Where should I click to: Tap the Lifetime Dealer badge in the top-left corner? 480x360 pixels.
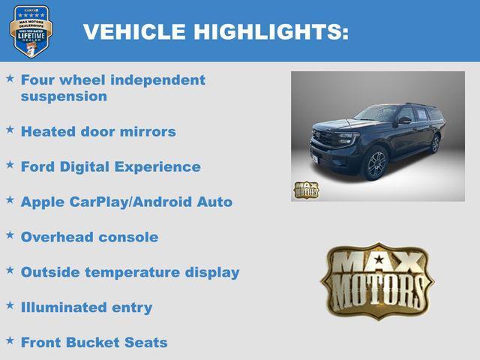(x=30, y=31)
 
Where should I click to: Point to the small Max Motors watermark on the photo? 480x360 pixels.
(x=306, y=190)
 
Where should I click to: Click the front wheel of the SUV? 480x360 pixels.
(x=376, y=164)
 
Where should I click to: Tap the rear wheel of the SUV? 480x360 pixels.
(x=435, y=143)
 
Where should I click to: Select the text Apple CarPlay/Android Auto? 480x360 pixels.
(x=126, y=202)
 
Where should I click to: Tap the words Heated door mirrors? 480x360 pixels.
(x=98, y=131)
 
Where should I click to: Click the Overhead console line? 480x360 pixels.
(x=89, y=237)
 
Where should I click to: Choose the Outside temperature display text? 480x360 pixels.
(x=130, y=272)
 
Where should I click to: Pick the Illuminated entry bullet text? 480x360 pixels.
(x=86, y=307)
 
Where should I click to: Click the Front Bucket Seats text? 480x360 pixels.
(x=94, y=343)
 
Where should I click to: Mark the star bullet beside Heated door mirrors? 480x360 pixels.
(x=10, y=130)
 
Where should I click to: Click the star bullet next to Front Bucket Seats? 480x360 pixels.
(x=10, y=341)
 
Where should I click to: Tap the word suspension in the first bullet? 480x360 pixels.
(x=64, y=96)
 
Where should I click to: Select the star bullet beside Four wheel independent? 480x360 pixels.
(x=10, y=78)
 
